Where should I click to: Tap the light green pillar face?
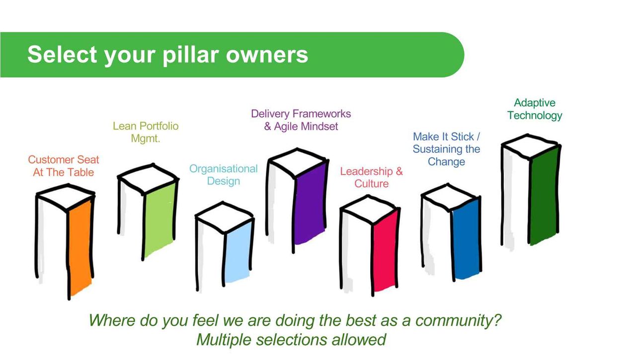coord(160,219)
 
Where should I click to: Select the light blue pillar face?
coord(238,252)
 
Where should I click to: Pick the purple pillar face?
coord(310,203)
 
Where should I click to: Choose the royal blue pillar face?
coord(466,239)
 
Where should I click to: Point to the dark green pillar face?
coord(544,195)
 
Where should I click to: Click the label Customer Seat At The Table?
coord(64,166)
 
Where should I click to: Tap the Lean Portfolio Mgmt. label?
coord(146,132)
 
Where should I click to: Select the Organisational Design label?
coord(224,175)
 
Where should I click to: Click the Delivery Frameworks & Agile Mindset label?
coord(301,120)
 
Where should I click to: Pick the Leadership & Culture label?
coord(372,177)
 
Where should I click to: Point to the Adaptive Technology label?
coord(535,109)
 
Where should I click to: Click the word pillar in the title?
coord(191,54)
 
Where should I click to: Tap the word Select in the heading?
coord(62,54)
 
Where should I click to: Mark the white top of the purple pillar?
coord(297,162)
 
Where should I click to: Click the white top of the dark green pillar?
coord(530,146)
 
